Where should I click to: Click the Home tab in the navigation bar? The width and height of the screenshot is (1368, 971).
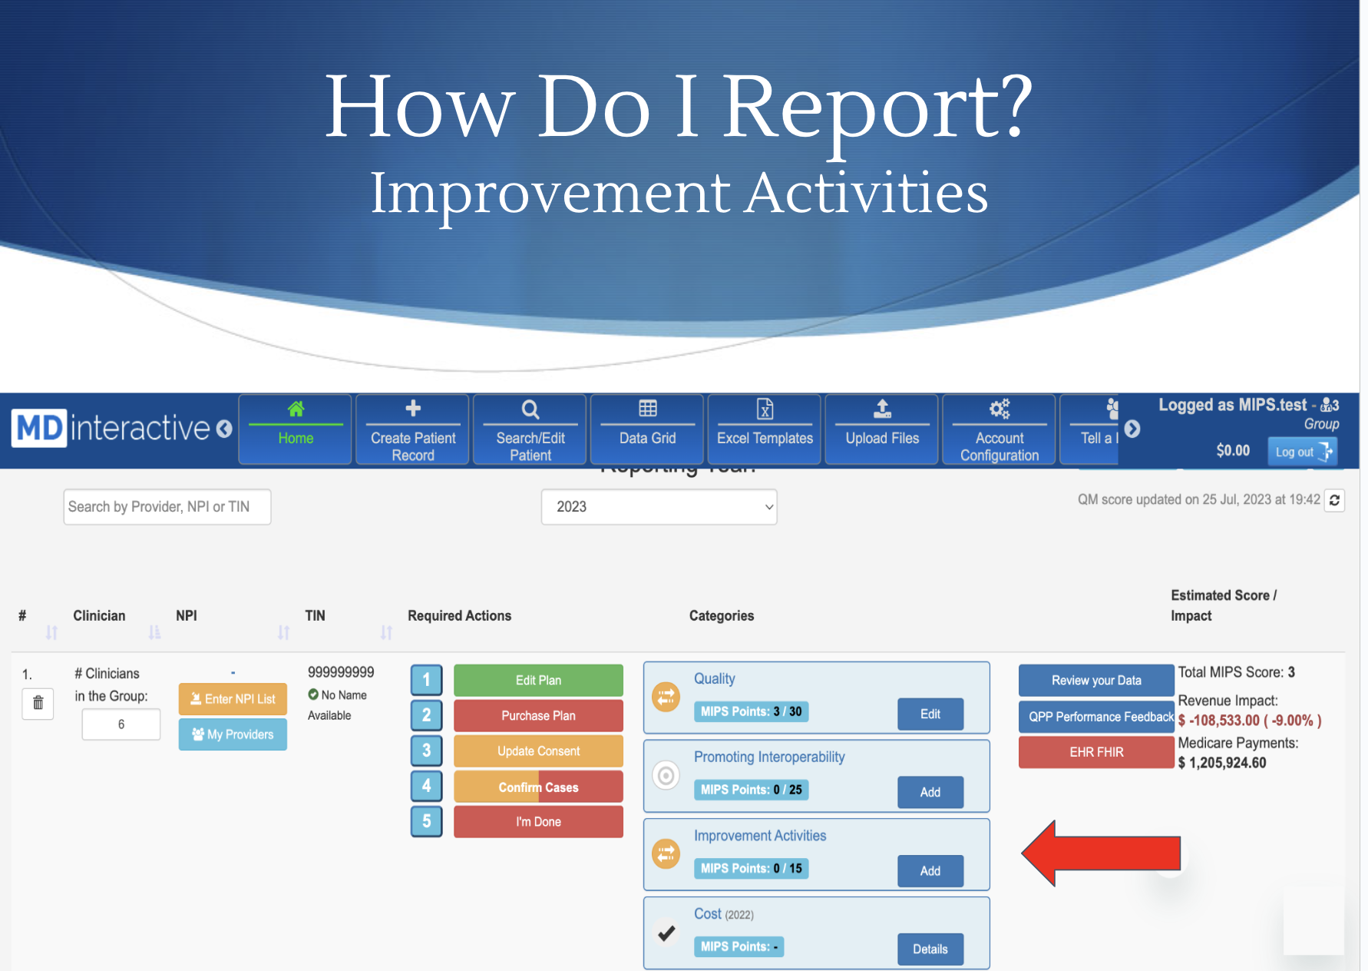pos(296,429)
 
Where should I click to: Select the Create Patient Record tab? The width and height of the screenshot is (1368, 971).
pos(413,429)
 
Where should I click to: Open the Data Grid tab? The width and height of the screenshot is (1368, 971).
pos(648,429)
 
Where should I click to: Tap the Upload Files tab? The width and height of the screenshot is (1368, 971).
pos(882,429)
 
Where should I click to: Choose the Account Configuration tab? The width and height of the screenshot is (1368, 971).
pos(1000,429)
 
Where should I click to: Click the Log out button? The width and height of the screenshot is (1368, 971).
pos(1303,452)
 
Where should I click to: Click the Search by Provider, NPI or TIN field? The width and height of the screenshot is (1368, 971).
pos(167,507)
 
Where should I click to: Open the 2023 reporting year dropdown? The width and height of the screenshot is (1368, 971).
pos(659,507)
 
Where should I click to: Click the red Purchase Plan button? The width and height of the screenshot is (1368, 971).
pos(538,715)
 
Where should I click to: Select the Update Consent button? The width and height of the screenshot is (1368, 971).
pos(538,751)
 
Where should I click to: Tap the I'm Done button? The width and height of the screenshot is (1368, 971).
pos(538,821)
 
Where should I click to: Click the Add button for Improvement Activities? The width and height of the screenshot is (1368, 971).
pos(930,870)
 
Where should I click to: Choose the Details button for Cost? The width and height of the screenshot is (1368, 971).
pos(930,949)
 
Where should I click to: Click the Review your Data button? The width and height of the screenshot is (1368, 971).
pos(1096,680)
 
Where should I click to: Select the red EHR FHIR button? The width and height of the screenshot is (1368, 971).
pos(1096,752)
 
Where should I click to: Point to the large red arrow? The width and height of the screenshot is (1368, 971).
pos(1101,853)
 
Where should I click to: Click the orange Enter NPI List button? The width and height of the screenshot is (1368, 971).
pos(233,699)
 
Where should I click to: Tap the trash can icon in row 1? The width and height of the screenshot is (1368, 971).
pos(38,703)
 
